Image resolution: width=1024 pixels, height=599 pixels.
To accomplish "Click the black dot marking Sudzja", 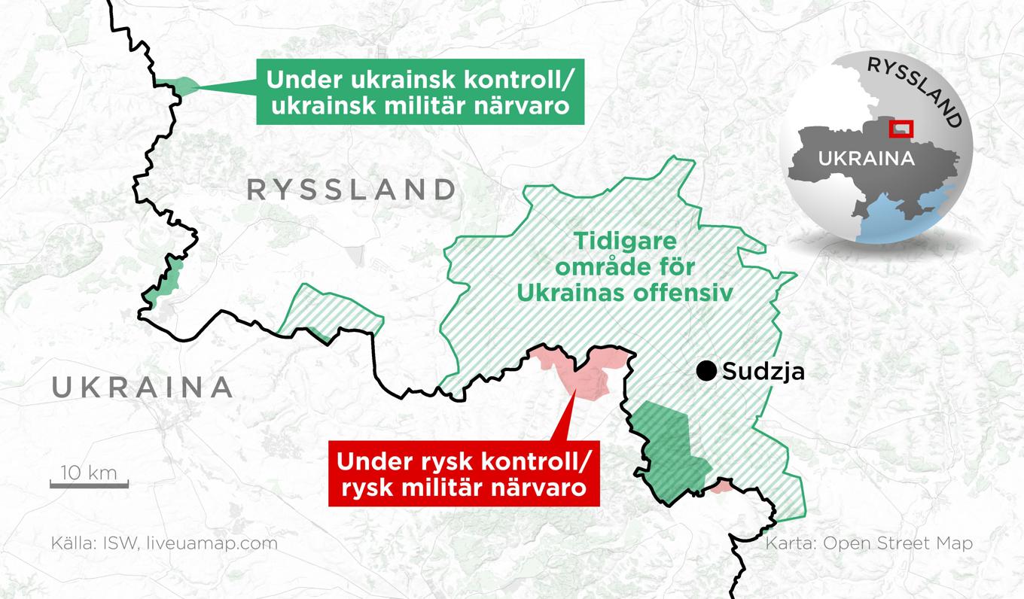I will (x=706, y=370).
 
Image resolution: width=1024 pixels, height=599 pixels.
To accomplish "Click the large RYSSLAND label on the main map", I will (x=351, y=190).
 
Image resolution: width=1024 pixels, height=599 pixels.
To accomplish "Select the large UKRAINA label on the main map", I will (x=142, y=388).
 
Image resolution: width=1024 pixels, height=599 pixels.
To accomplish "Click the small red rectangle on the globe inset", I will (x=901, y=129).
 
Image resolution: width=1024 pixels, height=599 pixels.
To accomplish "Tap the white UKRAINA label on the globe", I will (x=866, y=159).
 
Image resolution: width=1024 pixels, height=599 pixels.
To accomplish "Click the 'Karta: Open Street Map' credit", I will (x=868, y=543).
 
